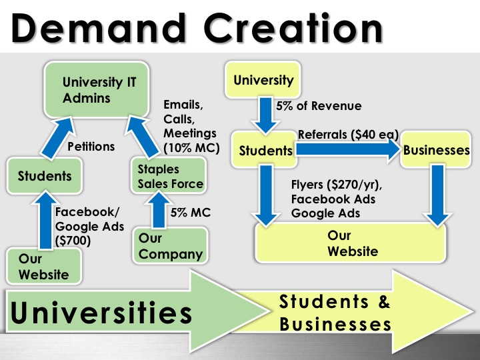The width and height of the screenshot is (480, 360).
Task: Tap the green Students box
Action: [45, 176]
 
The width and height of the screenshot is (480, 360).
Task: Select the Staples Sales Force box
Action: [166, 176]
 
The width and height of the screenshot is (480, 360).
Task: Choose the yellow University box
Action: [263, 81]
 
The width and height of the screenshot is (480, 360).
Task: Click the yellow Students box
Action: [265, 151]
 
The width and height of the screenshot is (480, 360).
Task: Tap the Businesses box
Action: [436, 151]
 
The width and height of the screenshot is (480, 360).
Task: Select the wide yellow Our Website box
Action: [352, 243]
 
